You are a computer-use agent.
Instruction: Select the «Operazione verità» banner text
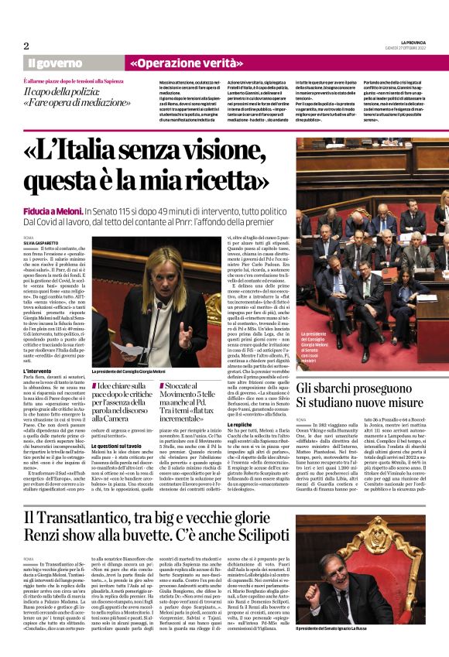177,62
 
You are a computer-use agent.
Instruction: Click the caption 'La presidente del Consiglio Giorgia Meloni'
136,372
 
